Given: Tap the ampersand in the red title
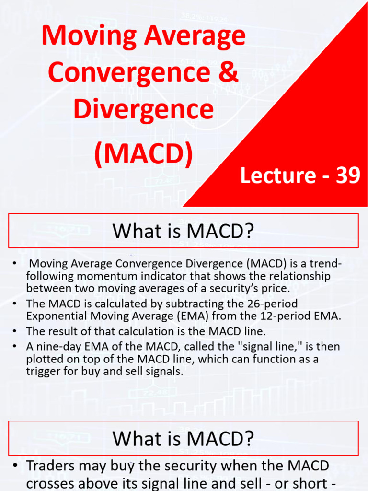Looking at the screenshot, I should coord(229,72).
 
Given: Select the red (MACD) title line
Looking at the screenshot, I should coord(143,154).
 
